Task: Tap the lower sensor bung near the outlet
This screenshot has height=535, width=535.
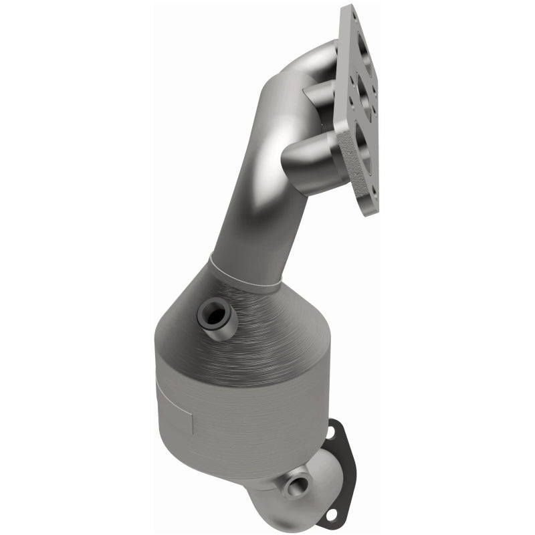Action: click(294, 481)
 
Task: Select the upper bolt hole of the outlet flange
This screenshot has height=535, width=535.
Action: click(329, 432)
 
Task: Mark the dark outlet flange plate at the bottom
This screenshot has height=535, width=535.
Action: click(341, 468)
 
